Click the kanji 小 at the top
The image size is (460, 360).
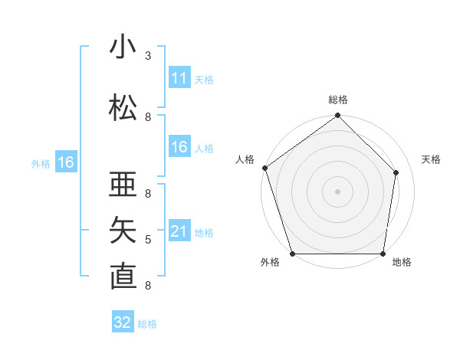coord(123,47)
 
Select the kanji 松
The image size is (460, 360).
coord(123,108)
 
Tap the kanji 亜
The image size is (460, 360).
coord(123,185)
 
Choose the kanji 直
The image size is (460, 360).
coord(123,276)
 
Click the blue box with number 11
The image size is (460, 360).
coord(179,78)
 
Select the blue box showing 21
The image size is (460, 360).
coord(179,231)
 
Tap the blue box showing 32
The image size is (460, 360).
coord(123,322)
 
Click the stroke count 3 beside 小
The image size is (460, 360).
coord(148,56)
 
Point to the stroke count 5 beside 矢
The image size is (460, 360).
coord(148,240)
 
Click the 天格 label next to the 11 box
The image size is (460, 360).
coord(204,79)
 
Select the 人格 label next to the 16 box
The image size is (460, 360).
coord(204,148)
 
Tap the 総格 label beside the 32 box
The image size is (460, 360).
coord(147,324)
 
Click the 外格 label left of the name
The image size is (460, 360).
coord(41,163)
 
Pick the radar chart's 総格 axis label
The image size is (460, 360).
coord(337,100)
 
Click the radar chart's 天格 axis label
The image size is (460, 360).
coord(432,159)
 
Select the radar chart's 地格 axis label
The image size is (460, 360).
coord(402,263)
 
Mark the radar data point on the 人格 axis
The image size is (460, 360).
coord(264,168)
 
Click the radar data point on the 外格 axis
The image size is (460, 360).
coord(292,254)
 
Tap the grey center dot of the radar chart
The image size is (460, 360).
coord(337,191)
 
